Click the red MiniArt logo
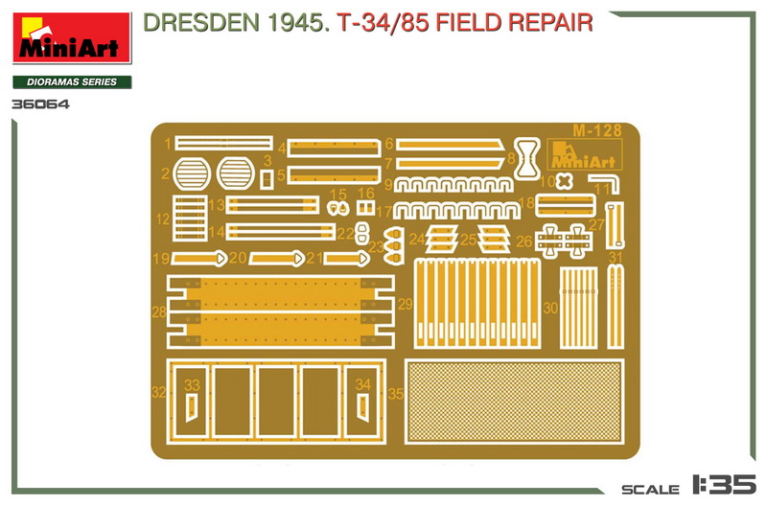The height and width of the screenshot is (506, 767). (x=72, y=38)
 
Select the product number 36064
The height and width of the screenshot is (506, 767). (x=40, y=104)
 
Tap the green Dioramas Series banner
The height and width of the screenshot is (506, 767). (x=72, y=82)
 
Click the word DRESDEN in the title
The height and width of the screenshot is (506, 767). (x=201, y=23)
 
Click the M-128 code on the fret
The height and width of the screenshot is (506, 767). (x=596, y=130)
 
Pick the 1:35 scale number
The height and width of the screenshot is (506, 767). (x=724, y=484)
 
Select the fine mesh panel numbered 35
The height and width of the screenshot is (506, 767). (x=514, y=402)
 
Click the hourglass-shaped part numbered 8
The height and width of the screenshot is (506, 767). (x=526, y=158)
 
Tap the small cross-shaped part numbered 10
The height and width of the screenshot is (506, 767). (x=564, y=181)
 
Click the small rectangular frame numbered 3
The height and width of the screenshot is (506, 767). (x=266, y=179)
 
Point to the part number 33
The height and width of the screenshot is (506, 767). (x=192, y=385)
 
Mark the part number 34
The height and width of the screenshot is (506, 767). (x=362, y=384)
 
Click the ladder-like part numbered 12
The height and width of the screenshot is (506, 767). (x=190, y=218)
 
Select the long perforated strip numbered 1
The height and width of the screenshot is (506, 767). (x=223, y=143)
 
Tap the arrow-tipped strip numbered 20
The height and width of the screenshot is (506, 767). (x=277, y=258)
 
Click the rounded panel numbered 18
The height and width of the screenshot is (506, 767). (x=566, y=205)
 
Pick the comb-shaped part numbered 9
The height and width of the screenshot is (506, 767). (x=453, y=184)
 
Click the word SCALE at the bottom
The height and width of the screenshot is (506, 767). (x=651, y=489)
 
